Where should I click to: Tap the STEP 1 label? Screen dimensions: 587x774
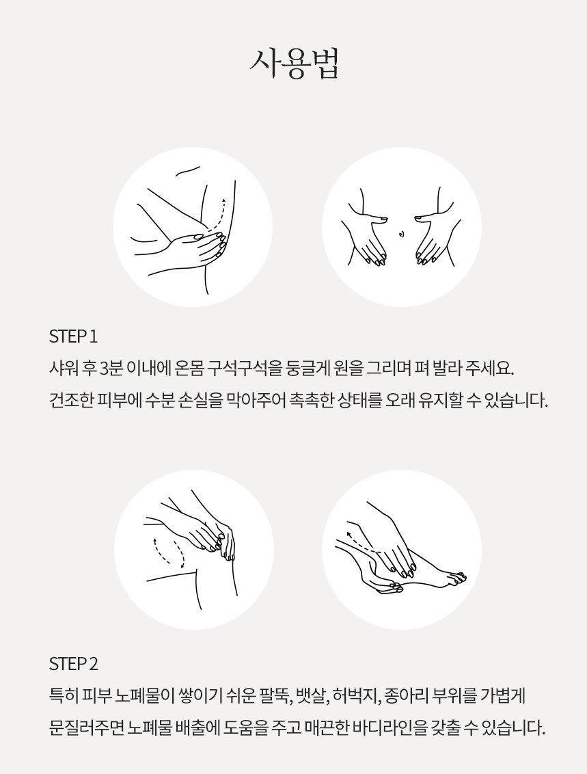click(74, 336)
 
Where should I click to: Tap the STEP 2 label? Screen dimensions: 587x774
click(74, 664)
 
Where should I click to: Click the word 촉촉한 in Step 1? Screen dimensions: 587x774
click(311, 400)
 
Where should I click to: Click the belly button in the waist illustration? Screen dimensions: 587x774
click(401, 233)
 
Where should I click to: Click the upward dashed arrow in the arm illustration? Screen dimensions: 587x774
click(219, 214)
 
